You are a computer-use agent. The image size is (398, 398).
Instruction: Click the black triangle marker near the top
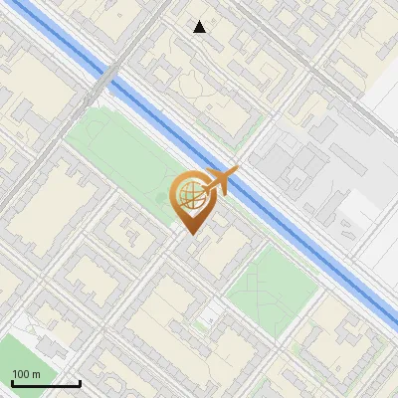(x=200, y=27)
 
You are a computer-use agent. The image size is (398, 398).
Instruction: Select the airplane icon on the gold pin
(x=219, y=181)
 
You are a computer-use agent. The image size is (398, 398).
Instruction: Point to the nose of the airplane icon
(x=237, y=172)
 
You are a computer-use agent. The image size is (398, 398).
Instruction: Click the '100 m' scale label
(x=27, y=374)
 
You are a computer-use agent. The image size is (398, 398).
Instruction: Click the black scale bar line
(x=45, y=384)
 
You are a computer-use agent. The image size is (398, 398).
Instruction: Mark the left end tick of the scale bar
(x=11, y=382)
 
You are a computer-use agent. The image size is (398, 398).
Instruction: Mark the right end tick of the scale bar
(x=80, y=382)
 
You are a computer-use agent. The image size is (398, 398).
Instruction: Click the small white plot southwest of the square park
(x=210, y=318)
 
